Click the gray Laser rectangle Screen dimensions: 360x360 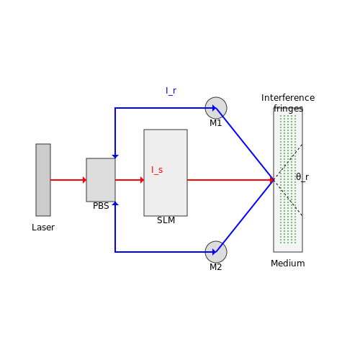pyautogui.click(x=43, y=180)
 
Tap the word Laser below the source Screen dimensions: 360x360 pyautogui.click(x=43, y=228)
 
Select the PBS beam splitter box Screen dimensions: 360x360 pyautogui.click(x=101, y=180)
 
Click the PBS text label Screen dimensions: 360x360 pyautogui.click(x=101, y=206)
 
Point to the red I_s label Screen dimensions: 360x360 pyautogui.click(x=157, y=170)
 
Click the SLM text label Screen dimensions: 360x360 pyautogui.click(x=166, y=220)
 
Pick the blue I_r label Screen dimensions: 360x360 pyautogui.click(x=171, y=91)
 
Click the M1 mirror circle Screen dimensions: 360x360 pyautogui.click(x=216, y=108)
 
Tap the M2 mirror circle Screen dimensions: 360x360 pyautogui.click(x=216, y=252)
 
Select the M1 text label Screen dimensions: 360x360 pyautogui.click(x=215, y=123)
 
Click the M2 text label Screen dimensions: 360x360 pyautogui.click(x=215, y=267)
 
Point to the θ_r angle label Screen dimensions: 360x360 pyautogui.click(x=302, y=177)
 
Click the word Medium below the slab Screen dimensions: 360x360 pyautogui.click(x=288, y=264)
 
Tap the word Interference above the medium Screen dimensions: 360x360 pyautogui.click(x=288, y=98)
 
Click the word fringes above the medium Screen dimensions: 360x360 pyautogui.click(x=288, y=109)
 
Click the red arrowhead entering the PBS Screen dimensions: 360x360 pyautogui.click(x=84, y=180)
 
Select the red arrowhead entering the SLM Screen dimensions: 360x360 pyautogui.click(x=142, y=180)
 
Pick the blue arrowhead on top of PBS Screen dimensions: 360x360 pyautogui.click(x=115, y=157)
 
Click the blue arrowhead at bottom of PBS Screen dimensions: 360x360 pyautogui.click(x=115, y=203)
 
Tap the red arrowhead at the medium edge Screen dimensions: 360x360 pyautogui.click(x=272, y=180)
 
